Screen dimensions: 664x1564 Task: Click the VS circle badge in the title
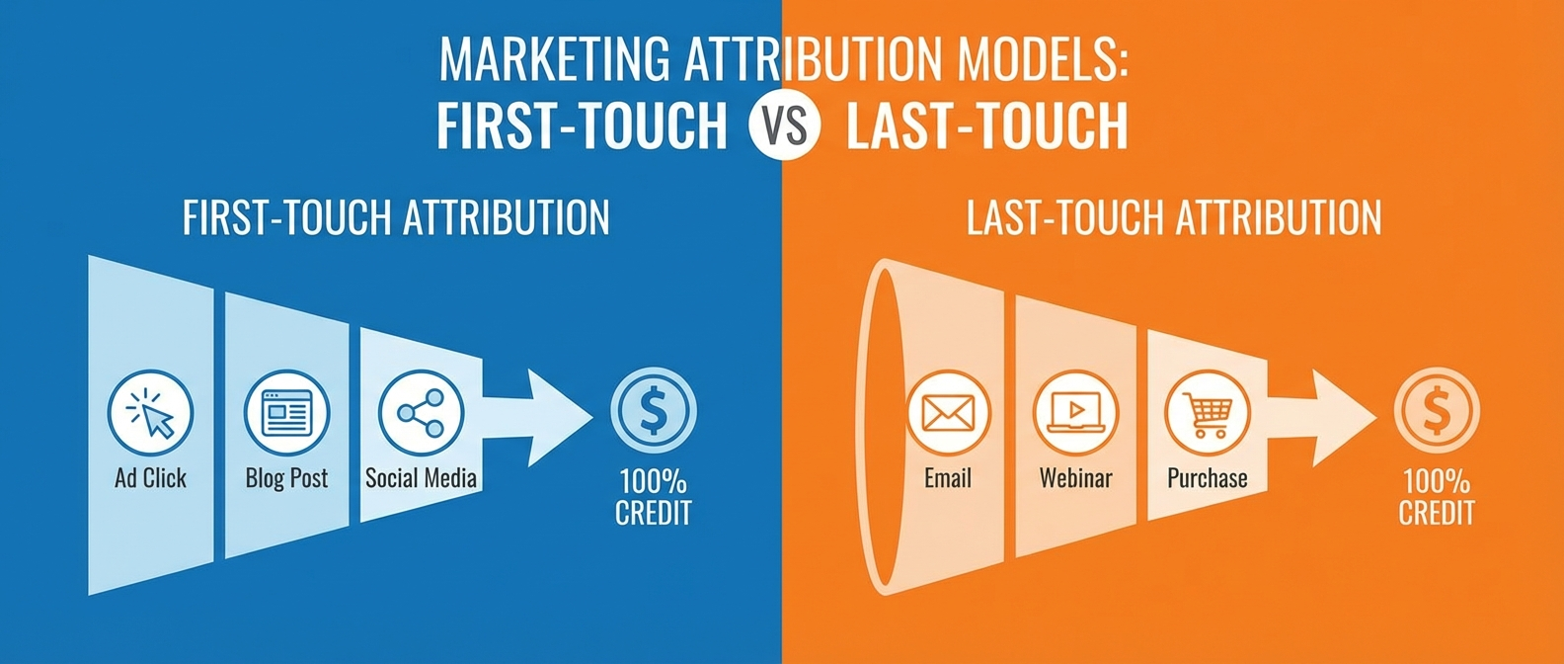tap(785, 125)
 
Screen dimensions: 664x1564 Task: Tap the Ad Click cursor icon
tap(151, 411)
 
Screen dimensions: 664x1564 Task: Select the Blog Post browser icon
tap(286, 411)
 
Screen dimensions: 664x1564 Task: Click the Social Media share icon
tap(421, 411)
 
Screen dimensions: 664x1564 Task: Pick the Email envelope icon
tap(948, 411)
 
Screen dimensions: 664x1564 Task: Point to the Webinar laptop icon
tap(1075, 411)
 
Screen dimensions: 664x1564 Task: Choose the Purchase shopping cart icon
tap(1207, 411)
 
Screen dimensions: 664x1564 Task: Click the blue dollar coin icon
tap(653, 411)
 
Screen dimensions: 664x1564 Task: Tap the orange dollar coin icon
tap(1437, 411)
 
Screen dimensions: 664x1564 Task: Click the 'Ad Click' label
tap(151, 478)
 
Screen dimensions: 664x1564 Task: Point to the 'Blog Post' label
tap(286, 478)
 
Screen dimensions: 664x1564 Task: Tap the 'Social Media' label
tap(421, 478)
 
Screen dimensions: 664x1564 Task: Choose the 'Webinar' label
tap(1075, 478)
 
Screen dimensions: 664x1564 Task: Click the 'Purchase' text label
tap(1207, 478)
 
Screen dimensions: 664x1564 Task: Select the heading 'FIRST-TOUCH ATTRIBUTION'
tap(396, 217)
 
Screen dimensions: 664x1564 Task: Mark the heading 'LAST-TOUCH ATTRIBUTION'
tap(1173, 217)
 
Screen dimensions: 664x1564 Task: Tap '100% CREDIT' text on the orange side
tap(1437, 497)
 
